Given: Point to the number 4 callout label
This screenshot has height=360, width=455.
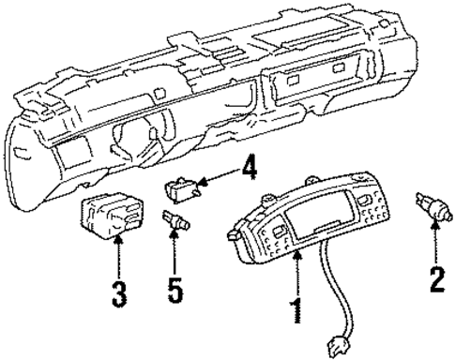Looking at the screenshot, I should (248, 170).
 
